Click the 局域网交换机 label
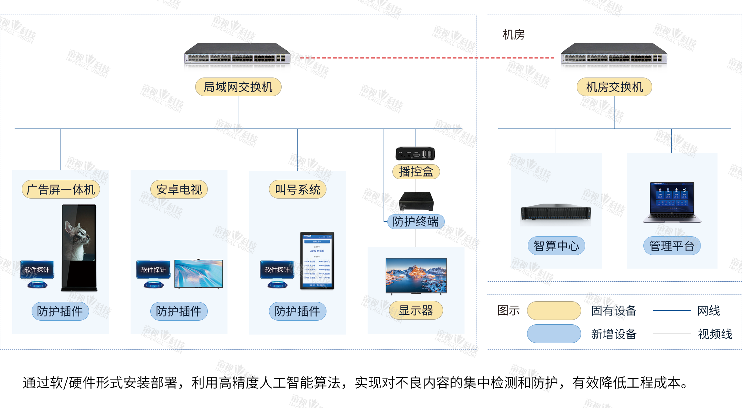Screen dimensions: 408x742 238,87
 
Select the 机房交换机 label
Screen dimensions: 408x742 614,87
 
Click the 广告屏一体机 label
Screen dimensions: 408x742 61,189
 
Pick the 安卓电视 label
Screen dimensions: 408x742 179,189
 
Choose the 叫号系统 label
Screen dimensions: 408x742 298,189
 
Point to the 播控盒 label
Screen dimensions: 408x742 416,172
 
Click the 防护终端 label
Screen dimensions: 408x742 416,222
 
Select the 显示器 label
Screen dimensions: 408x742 416,310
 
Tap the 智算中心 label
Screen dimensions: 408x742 556,245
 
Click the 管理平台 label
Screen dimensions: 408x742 672,245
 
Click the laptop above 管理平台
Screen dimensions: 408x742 672,203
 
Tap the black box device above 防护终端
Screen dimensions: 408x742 416,201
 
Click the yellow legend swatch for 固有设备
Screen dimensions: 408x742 554,310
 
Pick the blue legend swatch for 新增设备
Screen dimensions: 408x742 554,334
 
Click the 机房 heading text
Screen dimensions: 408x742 513,35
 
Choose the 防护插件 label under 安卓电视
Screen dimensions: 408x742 179,311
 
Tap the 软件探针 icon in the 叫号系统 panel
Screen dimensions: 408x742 277,273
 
